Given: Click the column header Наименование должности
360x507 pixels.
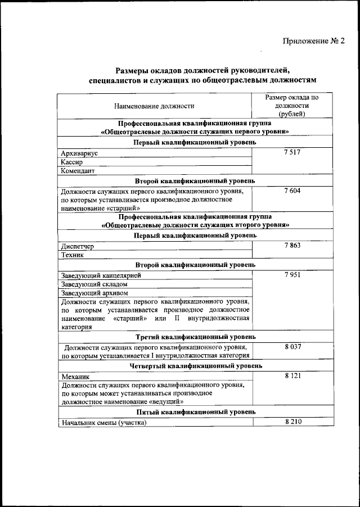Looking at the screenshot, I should coord(154,106).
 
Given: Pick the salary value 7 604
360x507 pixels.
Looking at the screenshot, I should coord(292,191).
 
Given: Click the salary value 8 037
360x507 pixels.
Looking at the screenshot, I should coord(292,347).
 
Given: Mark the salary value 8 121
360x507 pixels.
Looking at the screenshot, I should coord(292,375).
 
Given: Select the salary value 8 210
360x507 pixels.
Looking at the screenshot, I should coord(292,422).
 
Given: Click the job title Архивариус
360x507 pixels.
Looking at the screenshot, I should coord(79,153).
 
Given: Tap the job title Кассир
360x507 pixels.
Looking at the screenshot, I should coord(72,162).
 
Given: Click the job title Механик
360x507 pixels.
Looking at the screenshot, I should coord(75,376).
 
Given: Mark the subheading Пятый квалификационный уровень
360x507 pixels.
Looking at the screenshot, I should coord(195,413).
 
